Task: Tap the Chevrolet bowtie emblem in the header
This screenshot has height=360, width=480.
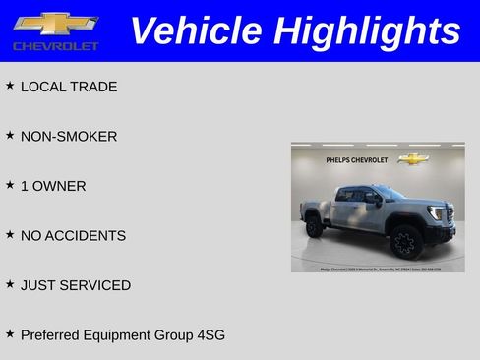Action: tap(55, 24)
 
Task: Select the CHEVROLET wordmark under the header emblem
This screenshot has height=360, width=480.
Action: tap(56, 46)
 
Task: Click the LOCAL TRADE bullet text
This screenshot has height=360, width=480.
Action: tap(69, 87)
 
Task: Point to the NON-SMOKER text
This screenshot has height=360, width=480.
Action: tap(69, 137)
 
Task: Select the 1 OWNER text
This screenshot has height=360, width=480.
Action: tap(53, 186)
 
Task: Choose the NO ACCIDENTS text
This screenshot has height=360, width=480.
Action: tap(73, 236)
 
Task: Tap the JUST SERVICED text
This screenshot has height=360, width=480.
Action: tap(76, 285)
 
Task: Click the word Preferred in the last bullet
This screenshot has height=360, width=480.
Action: tap(50, 335)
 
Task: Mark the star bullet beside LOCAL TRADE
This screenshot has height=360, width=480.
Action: tap(10, 86)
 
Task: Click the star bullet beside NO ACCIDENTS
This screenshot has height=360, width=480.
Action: tap(10, 235)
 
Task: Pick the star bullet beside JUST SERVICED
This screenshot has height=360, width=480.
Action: tap(10, 284)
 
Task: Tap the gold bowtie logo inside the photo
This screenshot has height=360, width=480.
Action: tap(413, 158)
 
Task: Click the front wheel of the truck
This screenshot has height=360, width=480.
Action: tap(405, 242)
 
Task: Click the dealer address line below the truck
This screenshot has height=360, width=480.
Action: tap(379, 268)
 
